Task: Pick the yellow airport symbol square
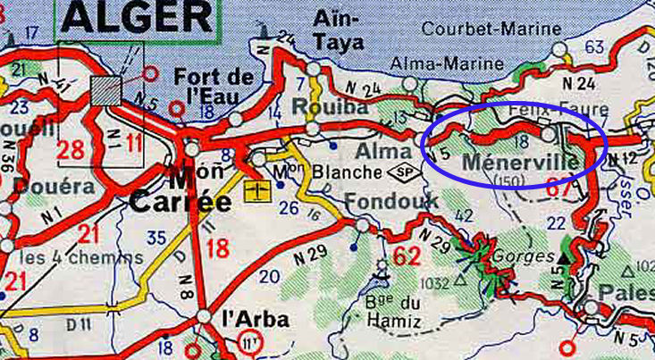[256, 189]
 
